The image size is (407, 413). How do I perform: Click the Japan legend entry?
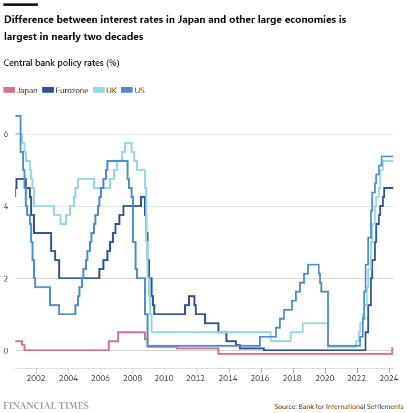point(27,90)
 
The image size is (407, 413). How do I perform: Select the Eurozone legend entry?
point(71,90)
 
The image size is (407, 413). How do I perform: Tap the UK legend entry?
point(111,90)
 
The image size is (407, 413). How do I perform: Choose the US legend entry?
point(139,90)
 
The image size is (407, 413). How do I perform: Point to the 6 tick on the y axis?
point(6,134)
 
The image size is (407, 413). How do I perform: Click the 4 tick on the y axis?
point(6,206)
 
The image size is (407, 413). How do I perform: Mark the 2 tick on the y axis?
point(6,278)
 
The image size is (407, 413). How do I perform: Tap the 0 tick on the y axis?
point(6,350)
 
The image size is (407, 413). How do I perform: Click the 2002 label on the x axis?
point(36,378)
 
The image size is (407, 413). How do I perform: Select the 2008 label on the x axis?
point(133,378)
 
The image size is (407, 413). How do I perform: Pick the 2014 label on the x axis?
point(229,378)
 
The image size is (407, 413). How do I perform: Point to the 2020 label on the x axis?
point(325,378)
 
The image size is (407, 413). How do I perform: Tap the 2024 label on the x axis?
point(389,378)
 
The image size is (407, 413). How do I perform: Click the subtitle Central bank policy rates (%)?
point(61,62)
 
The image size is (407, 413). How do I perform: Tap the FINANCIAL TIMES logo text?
point(46,406)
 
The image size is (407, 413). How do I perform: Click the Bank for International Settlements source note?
point(338,406)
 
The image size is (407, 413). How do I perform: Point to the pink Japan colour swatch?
point(9,90)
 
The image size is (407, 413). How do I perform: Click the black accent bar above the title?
point(21,4)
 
